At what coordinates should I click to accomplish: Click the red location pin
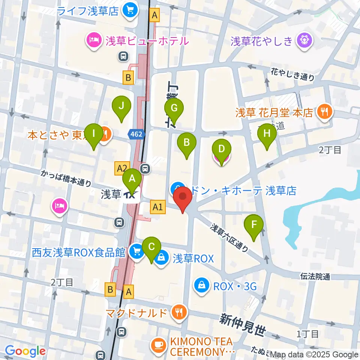point(183,199)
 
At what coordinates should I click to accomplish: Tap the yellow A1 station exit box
point(157,206)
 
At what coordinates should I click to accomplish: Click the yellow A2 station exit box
point(123,168)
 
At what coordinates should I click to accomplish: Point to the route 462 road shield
point(136,134)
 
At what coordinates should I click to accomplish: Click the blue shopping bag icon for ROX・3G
point(202,285)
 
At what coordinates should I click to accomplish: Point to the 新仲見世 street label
point(243,324)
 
